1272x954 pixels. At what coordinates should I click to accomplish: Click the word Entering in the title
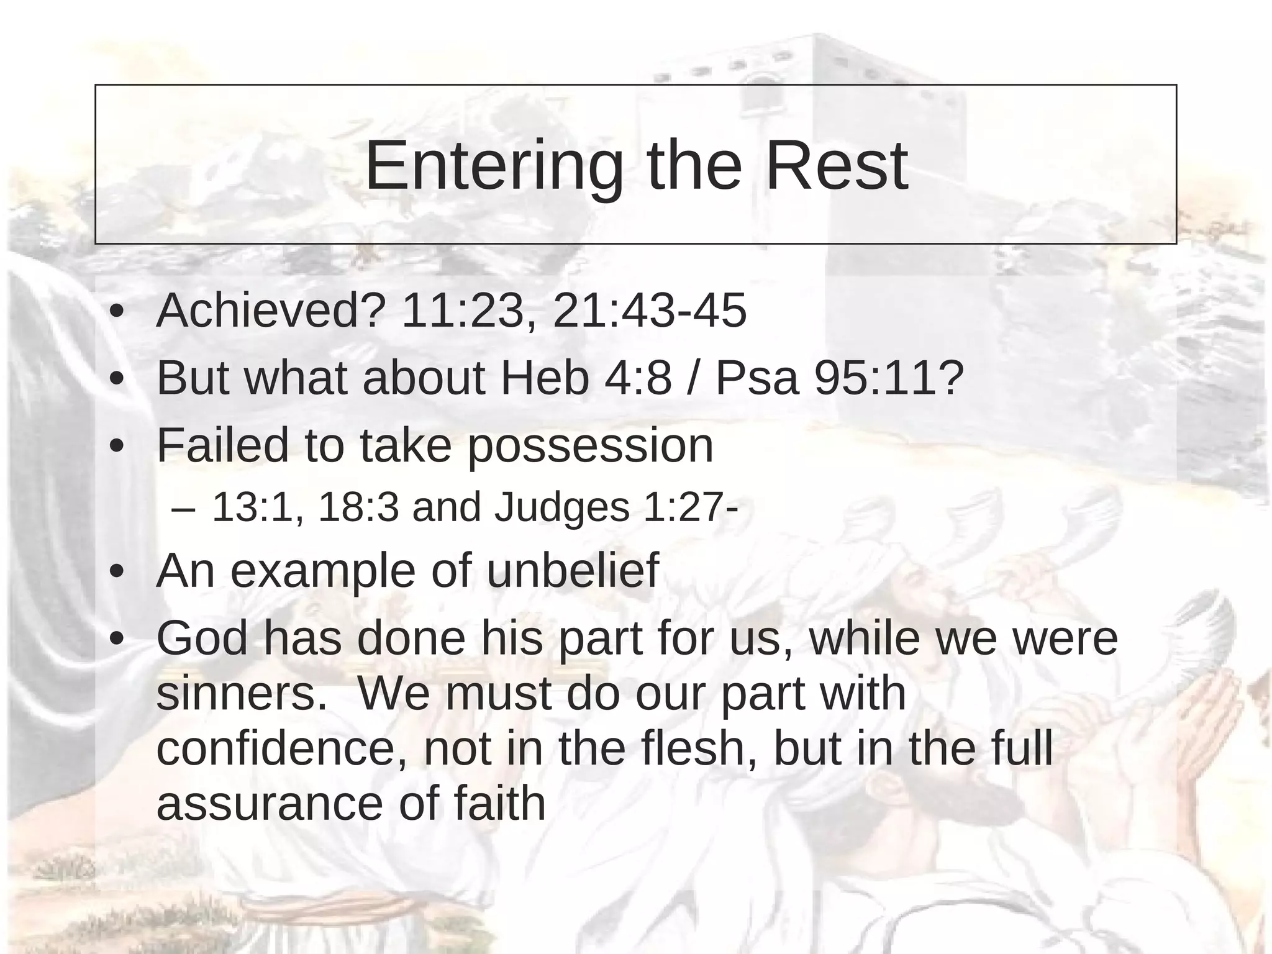tap(494, 166)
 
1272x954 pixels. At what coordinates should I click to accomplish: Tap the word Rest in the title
tap(836, 166)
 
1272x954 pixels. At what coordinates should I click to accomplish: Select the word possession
tap(590, 446)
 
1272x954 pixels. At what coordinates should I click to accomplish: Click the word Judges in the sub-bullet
tap(561, 508)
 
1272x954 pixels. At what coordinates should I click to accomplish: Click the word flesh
tap(699, 748)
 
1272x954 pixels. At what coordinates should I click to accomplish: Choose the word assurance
tap(270, 804)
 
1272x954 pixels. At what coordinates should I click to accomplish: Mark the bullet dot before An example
tap(116, 572)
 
